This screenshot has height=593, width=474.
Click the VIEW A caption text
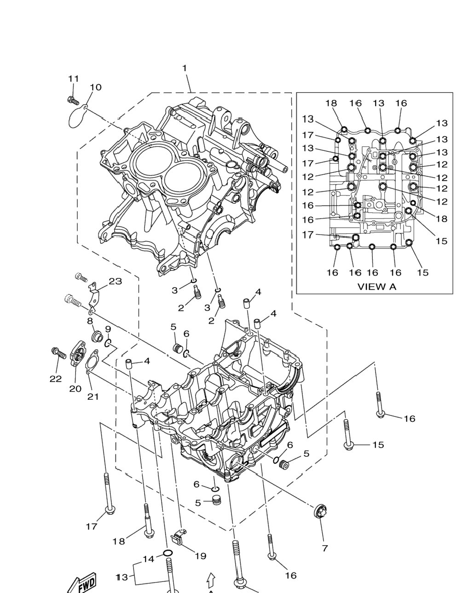pyautogui.click(x=376, y=287)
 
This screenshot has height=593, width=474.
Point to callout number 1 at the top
pyautogui.click(x=185, y=68)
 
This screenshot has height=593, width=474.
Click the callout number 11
pyautogui.click(x=74, y=79)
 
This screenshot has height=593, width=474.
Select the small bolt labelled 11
pyautogui.click(x=73, y=100)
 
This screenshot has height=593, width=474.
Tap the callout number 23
pyautogui.click(x=115, y=281)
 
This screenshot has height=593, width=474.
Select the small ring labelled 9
pyautogui.click(x=108, y=344)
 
